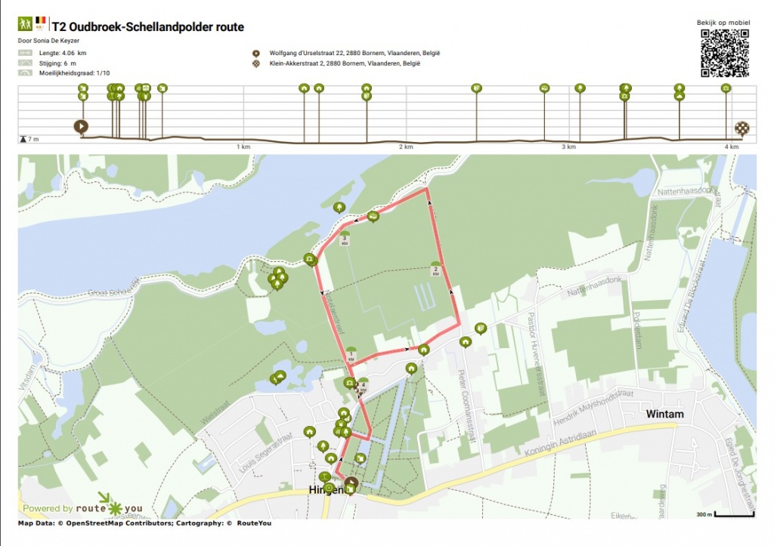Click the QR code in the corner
[x=724, y=53]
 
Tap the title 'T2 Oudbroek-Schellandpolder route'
[x=147, y=27]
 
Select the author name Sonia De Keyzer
[x=48, y=40]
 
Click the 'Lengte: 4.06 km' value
[x=63, y=53]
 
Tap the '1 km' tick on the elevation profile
[x=243, y=147]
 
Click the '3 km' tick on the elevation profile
[x=569, y=147]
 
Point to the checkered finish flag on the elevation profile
[x=742, y=128]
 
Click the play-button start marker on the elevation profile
[x=80, y=126]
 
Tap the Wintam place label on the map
[x=664, y=414]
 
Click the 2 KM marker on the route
[x=435, y=269]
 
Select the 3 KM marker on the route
[x=345, y=239]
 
